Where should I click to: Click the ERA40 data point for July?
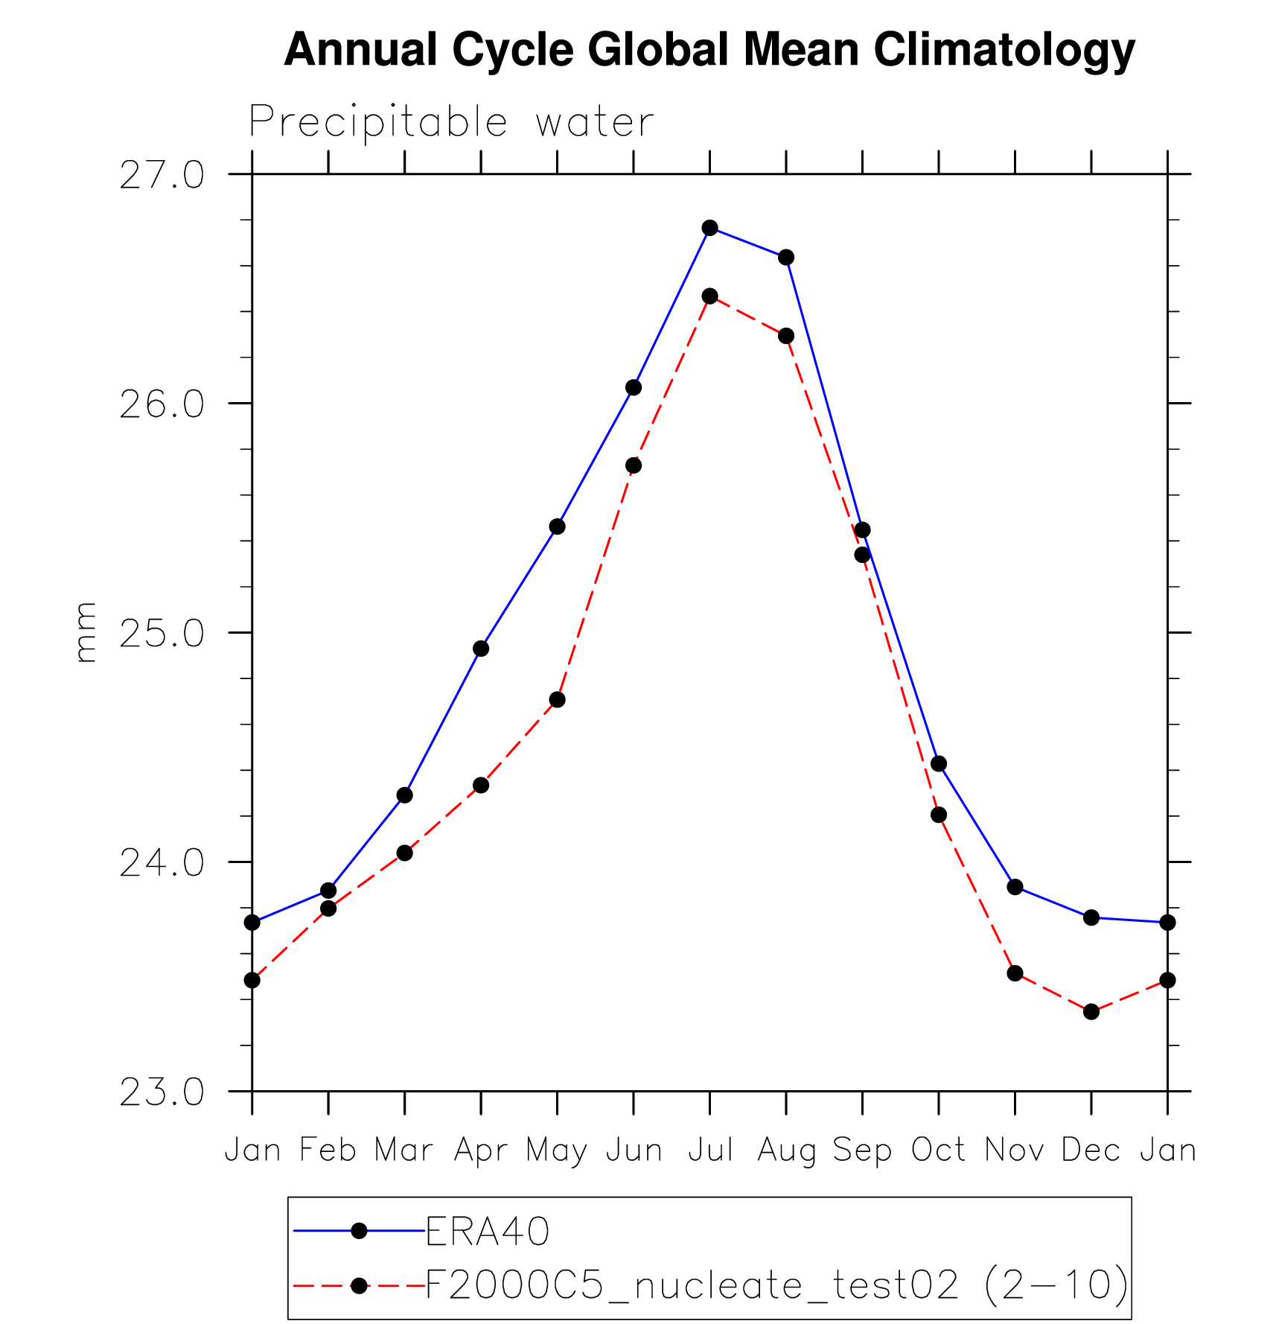[709, 228]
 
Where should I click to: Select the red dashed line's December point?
[1091, 1011]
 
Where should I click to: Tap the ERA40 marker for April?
[481, 649]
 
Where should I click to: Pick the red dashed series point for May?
[558, 699]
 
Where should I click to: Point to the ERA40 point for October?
[939, 763]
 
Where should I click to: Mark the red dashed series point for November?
[1015, 973]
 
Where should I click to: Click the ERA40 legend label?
[488, 1232]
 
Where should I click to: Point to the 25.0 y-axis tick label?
[162, 633]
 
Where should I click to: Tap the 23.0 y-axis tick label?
[162, 1092]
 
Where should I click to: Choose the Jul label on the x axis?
[710, 1150]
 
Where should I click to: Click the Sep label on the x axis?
[862, 1150]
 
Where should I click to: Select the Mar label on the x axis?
[403, 1150]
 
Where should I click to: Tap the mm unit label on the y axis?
[86, 632]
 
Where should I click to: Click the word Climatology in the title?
[1004, 51]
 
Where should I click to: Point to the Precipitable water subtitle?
[451, 122]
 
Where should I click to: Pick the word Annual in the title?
[360, 51]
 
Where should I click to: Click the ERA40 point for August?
[786, 258]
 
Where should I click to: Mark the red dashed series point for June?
[634, 465]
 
